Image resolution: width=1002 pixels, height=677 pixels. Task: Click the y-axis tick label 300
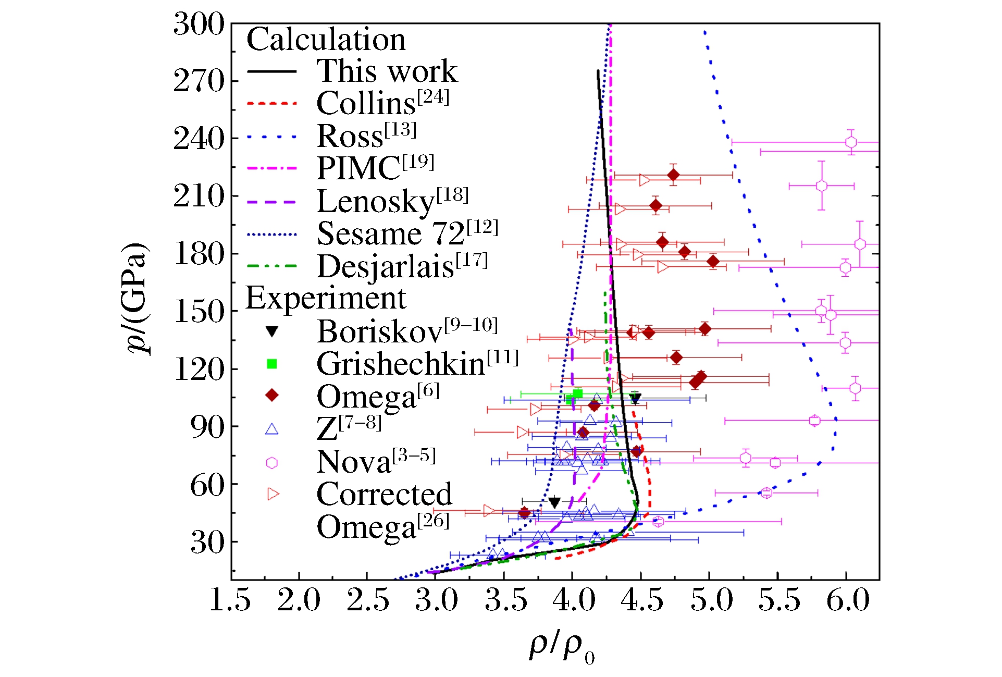tap(199, 24)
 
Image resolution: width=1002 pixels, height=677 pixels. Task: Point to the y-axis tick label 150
tap(199, 312)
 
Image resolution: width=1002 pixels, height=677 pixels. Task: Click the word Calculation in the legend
tap(326, 39)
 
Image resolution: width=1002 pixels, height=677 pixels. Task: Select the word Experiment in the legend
tap(325, 298)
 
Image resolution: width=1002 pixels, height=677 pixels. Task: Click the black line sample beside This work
tap(271, 71)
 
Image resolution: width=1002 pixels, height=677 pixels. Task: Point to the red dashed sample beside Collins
tap(271, 104)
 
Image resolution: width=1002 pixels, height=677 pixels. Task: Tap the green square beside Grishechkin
tap(271, 364)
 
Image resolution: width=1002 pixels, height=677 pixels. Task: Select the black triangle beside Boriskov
tap(271, 331)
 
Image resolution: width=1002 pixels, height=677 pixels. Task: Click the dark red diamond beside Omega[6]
tap(271, 396)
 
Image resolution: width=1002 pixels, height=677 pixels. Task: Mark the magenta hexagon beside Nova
tap(271, 463)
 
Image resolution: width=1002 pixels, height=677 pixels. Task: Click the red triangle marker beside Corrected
tap(273, 494)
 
